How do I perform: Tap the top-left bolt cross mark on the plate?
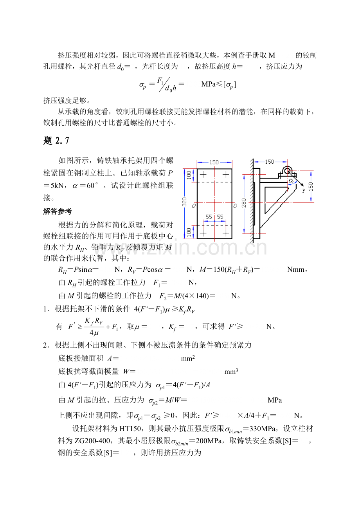point(203,174)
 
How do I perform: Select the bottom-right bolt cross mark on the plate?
point(226,233)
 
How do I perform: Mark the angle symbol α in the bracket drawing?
point(291,181)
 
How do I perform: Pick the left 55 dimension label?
point(209,217)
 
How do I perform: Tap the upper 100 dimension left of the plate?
point(188,175)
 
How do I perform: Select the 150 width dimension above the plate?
point(214,162)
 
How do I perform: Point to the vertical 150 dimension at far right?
point(311,186)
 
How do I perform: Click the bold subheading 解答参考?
point(58,211)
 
